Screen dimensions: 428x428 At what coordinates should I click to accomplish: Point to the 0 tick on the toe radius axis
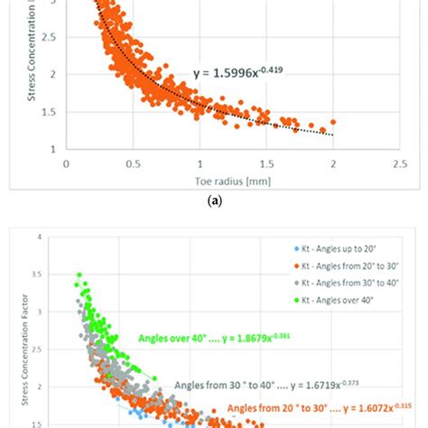point(66,164)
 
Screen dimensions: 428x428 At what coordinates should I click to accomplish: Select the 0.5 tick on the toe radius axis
point(133,164)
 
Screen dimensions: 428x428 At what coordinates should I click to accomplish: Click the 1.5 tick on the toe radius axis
point(266,164)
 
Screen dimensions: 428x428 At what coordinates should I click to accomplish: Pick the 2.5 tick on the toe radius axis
point(400,164)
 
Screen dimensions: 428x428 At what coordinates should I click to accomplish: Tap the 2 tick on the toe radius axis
point(333,164)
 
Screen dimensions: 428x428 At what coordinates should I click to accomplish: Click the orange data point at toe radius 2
point(333,121)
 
